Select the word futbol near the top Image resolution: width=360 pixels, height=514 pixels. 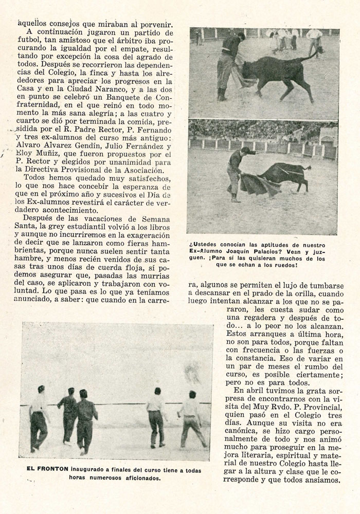(28, 40)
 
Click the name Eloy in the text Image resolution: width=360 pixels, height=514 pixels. (28, 154)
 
